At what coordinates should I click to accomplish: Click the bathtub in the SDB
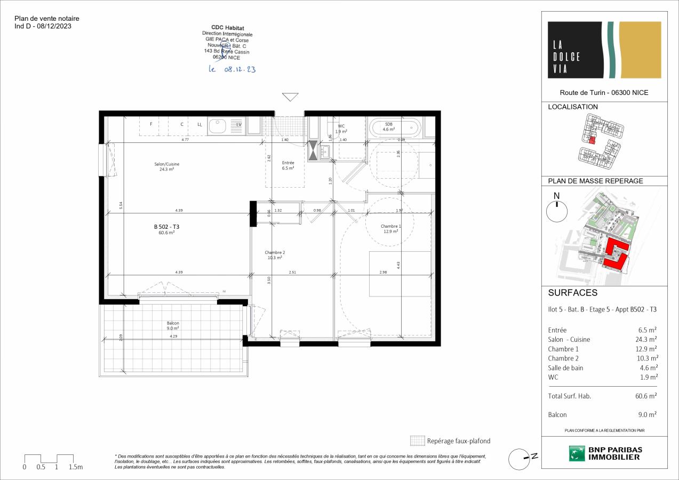394,127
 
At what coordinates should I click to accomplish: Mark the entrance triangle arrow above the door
290,97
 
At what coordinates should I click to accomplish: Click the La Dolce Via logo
604,50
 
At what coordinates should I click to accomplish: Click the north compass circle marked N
557,212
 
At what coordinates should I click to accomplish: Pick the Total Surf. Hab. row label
569,396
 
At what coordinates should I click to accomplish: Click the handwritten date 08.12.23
232,69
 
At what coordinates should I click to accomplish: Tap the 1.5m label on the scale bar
76,467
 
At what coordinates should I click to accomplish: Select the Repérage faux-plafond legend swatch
417,441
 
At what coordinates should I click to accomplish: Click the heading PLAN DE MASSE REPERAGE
595,181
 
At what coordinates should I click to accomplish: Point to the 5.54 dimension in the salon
121,204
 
